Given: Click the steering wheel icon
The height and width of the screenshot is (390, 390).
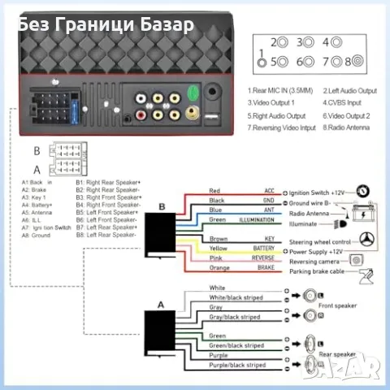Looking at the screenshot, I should point(366,241).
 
